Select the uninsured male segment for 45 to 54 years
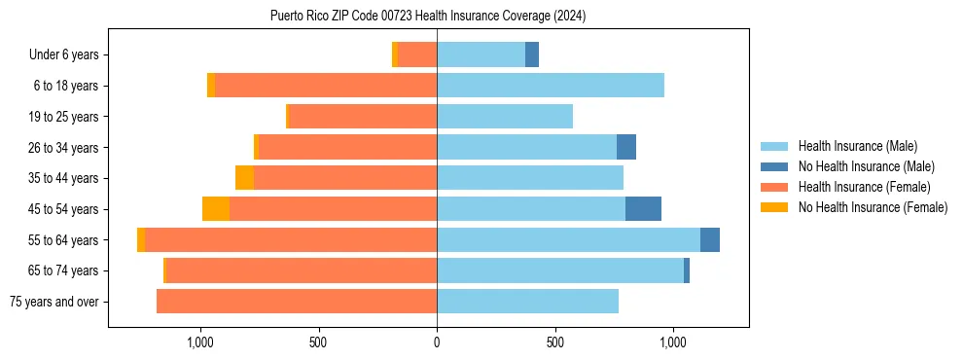(x=643, y=209)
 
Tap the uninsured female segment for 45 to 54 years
(x=216, y=209)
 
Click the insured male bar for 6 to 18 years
(x=551, y=86)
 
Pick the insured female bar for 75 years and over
(x=297, y=302)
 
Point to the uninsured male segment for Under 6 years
(x=532, y=54)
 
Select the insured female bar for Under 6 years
(x=417, y=54)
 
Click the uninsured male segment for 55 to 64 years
(x=710, y=239)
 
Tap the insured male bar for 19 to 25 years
(x=505, y=117)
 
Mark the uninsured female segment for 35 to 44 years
(x=244, y=178)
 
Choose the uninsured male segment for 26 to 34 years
(x=626, y=147)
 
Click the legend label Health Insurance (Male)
(x=857, y=146)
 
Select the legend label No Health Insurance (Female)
(x=873, y=207)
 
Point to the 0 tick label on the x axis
(x=437, y=342)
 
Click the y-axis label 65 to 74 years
(x=66, y=270)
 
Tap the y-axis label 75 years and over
(x=54, y=302)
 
